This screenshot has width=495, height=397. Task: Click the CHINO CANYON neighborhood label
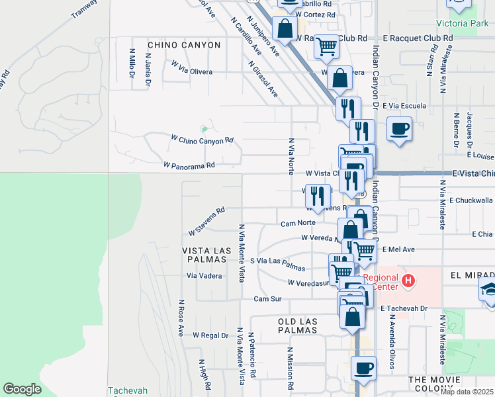click(x=184, y=45)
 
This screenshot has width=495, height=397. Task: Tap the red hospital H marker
click(x=408, y=281)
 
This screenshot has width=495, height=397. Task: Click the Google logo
click(x=22, y=389)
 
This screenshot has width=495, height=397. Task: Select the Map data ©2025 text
click(x=467, y=392)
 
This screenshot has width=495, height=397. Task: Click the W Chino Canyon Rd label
click(x=202, y=140)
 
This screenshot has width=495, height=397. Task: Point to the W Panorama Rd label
click(x=190, y=165)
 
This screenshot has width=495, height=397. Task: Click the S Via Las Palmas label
click(x=277, y=264)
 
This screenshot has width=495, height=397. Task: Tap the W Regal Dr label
click(x=210, y=335)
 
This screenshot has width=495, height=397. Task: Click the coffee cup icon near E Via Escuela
click(x=399, y=128)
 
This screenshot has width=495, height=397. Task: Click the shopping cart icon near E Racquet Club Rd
click(x=326, y=46)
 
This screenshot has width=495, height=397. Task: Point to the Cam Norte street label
click(x=297, y=223)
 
